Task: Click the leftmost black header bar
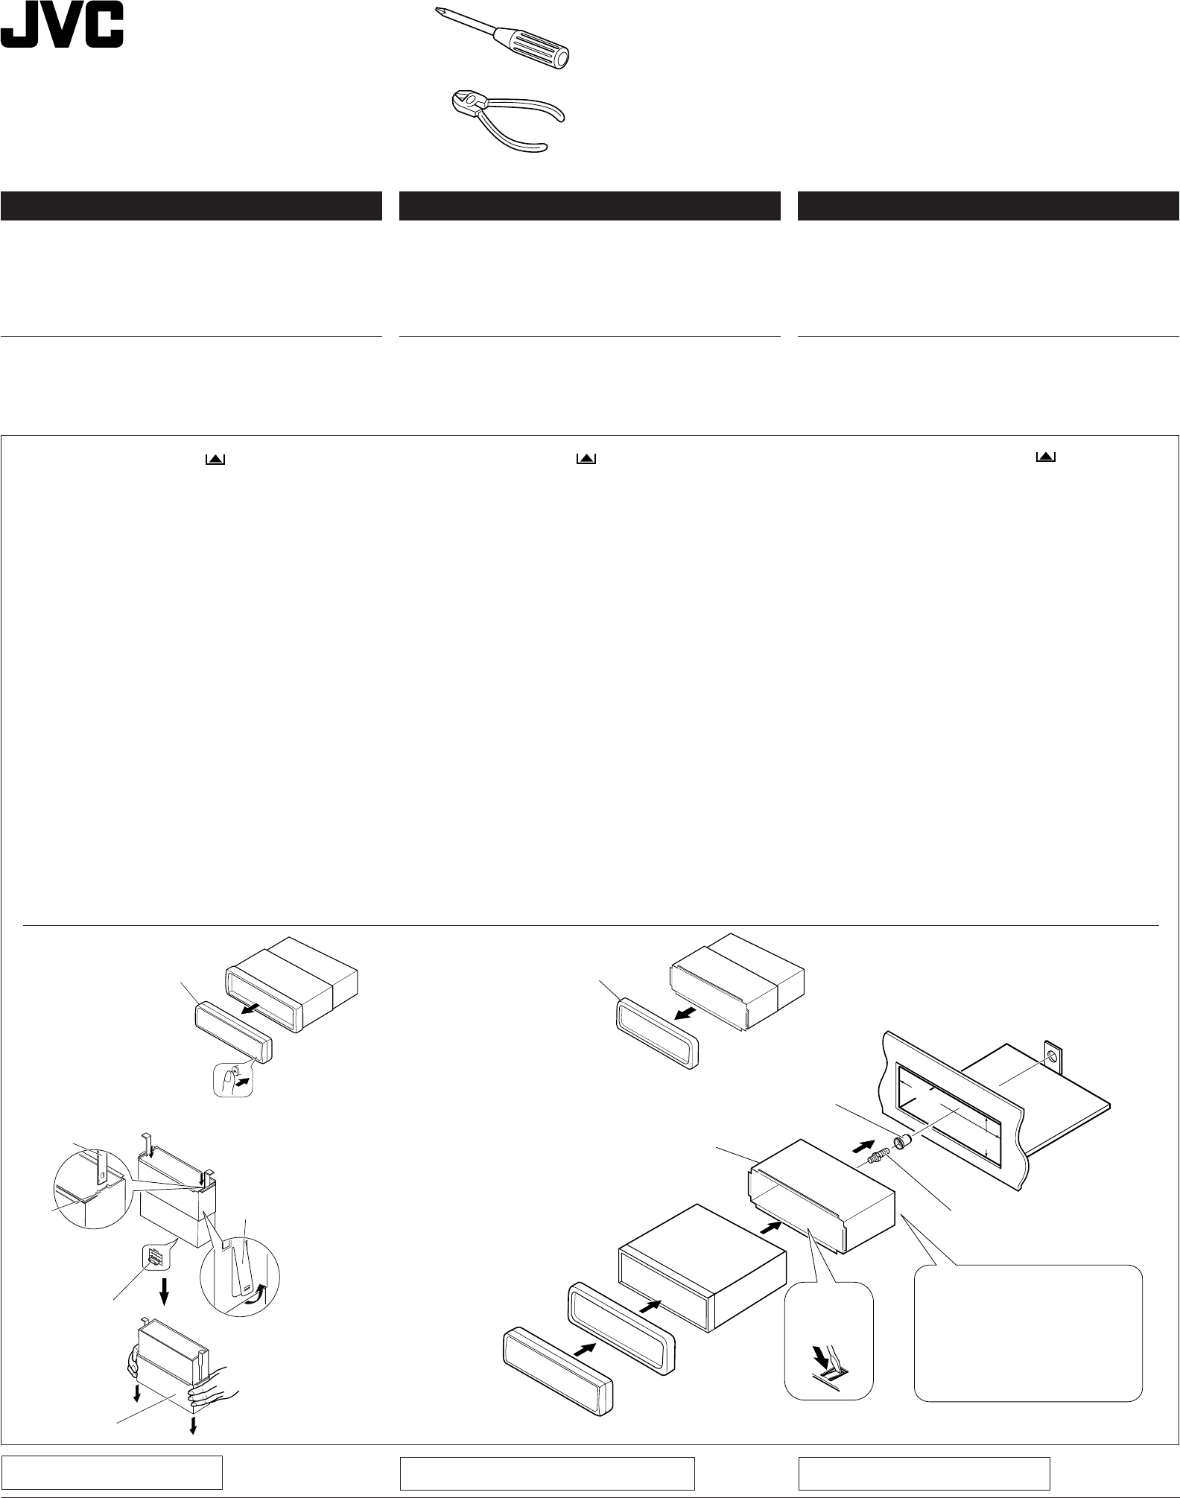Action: pos(191,206)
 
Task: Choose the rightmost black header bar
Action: pos(988,206)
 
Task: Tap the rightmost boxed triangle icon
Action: pos(1046,457)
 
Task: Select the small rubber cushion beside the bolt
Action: pos(901,1141)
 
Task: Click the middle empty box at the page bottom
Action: pos(547,1473)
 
